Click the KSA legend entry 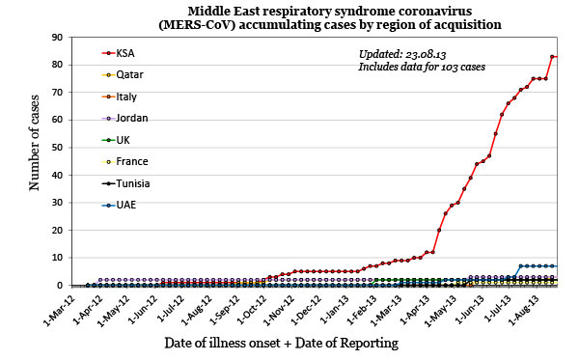point(124,52)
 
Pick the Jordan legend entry point(130,118)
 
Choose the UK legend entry point(123,140)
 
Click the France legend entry point(130,161)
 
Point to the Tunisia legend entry point(132,183)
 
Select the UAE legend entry point(124,205)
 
